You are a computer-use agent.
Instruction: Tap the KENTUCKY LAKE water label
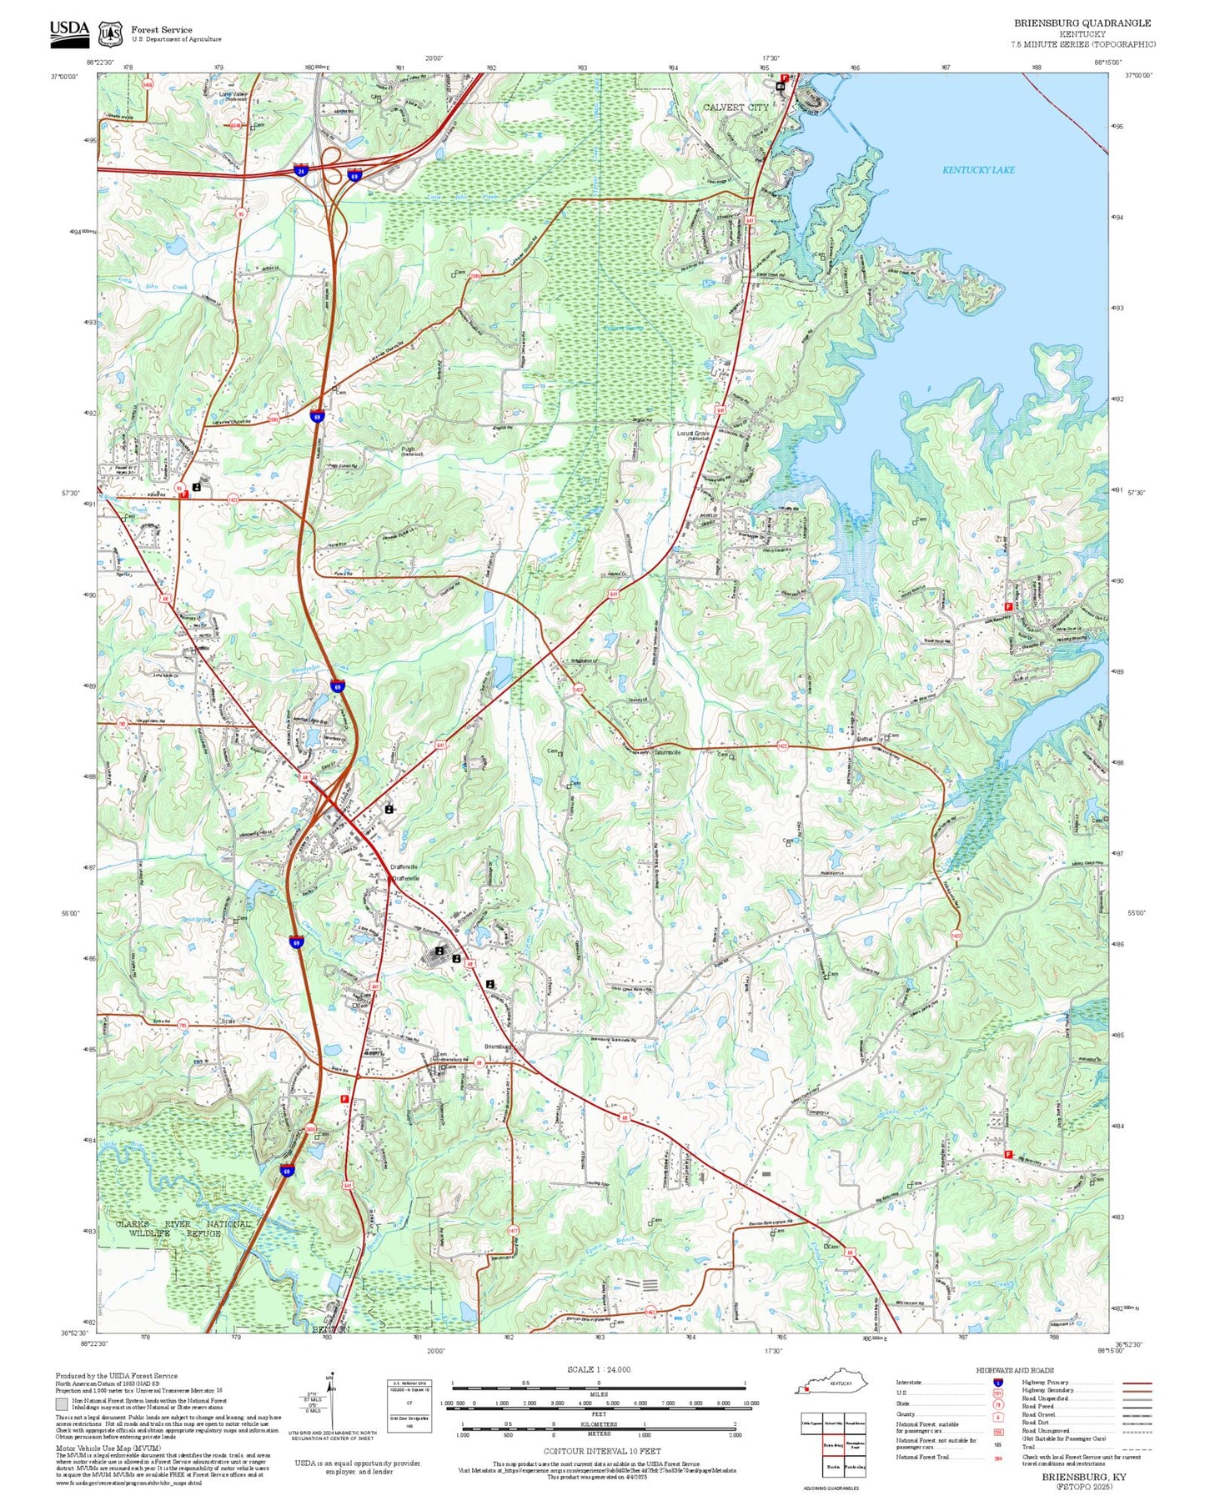[x=978, y=170]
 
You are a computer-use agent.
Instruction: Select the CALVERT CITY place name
[x=735, y=108]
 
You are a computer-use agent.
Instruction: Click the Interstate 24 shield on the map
[x=300, y=171]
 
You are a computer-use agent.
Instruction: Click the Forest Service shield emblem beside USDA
[x=109, y=33]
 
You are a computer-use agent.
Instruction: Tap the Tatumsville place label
[x=667, y=751]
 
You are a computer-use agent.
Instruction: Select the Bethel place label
[x=865, y=739]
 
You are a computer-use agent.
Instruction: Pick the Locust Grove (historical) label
[x=692, y=435]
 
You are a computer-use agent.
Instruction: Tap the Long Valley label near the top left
[x=233, y=95]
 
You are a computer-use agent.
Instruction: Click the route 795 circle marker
[x=183, y=1025]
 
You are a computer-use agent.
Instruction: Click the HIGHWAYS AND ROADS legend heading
[x=1015, y=1370]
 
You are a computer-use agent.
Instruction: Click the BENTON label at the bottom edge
[x=331, y=1329]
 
